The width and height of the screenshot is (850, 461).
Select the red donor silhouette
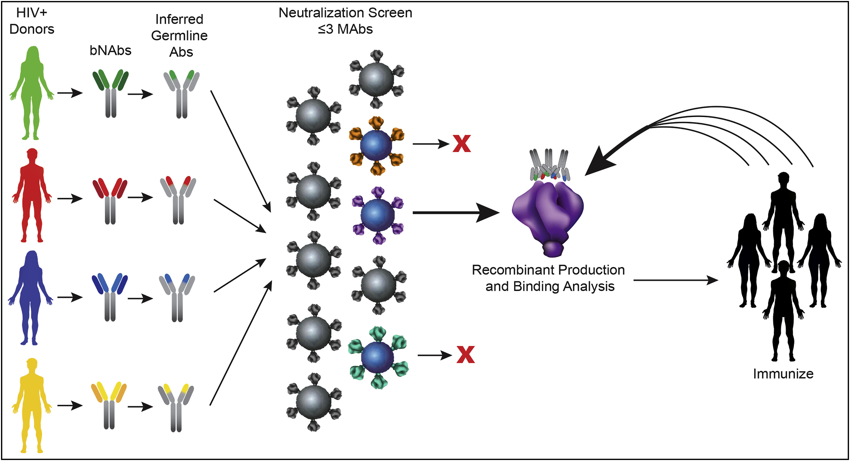click(32, 194)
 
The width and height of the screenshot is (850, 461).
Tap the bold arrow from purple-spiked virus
click(455, 212)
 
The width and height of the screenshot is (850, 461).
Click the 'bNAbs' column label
click(111, 50)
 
